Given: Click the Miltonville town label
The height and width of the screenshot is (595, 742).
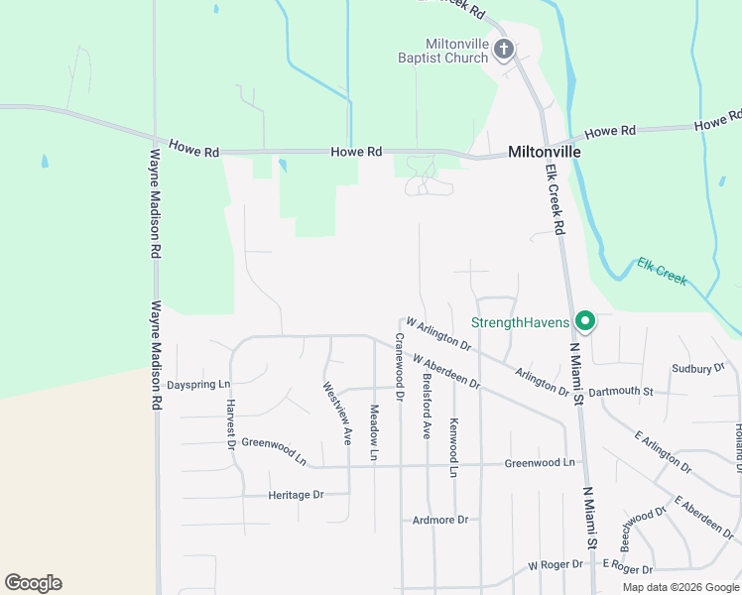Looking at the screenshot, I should click(544, 153).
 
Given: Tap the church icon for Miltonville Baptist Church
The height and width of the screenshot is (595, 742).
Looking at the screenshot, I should click(504, 49).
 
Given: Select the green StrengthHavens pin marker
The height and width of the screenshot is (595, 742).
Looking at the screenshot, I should click(585, 320).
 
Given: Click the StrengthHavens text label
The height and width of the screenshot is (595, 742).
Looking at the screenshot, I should click(520, 322).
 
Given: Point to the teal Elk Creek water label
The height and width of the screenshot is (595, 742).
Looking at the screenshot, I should click(662, 272).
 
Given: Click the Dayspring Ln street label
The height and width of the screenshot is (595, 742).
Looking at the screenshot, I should click(198, 385).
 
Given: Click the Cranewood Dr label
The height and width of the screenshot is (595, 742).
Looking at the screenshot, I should click(399, 366).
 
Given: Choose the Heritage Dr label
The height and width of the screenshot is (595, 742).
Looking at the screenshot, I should click(296, 495).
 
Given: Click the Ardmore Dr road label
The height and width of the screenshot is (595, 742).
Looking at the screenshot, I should click(439, 520).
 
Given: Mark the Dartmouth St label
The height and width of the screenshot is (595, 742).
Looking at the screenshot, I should click(620, 392).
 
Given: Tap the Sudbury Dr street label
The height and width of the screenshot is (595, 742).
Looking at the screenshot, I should click(698, 368).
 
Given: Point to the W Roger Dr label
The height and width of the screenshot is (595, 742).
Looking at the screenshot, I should click(559, 565).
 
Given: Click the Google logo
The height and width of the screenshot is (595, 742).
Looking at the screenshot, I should click(33, 583).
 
